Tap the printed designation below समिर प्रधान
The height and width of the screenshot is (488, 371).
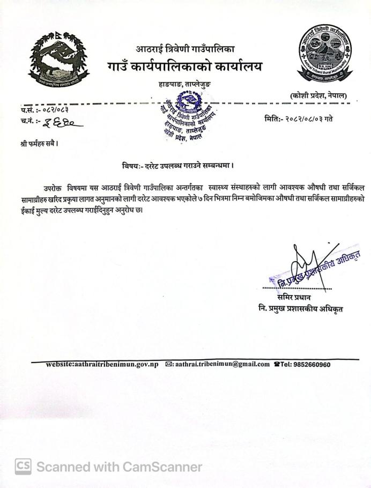point(300,308)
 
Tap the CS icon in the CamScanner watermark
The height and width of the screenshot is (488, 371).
point(23,467)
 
